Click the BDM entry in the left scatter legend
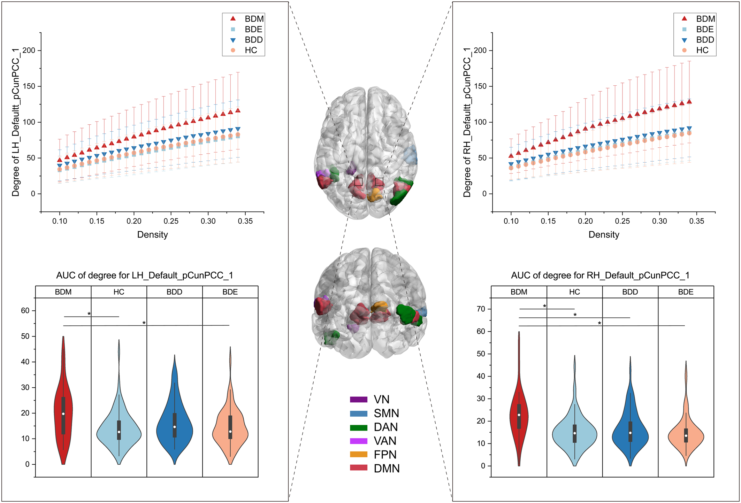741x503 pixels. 254,19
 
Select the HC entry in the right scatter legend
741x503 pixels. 702,50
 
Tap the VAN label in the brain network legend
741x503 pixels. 385,441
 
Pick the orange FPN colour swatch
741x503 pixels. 359,455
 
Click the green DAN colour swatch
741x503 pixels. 359,427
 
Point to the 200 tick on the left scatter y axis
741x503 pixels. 29,51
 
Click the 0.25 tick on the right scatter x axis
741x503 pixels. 622,221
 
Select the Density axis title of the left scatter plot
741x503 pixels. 152,235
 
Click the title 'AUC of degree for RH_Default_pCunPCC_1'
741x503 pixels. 600,276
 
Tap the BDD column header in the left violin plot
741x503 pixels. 174,292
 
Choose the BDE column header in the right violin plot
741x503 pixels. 686,292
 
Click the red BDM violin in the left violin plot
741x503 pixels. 63,411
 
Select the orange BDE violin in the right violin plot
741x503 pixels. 686,435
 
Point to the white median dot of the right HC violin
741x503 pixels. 575,433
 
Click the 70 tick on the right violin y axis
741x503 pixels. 481,309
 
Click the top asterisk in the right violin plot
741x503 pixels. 544,306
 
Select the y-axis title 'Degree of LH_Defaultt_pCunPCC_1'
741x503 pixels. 16,122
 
